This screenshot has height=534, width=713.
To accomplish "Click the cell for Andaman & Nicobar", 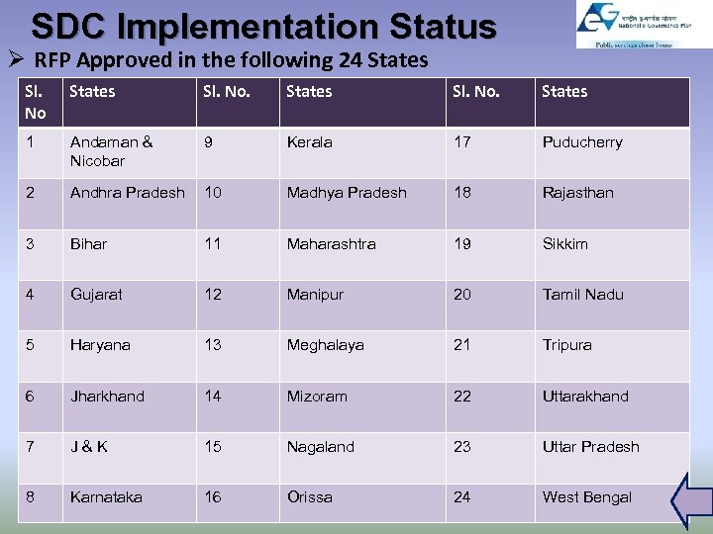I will [x=111, y=151].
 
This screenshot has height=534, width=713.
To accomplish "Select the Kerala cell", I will [x=309, y=142].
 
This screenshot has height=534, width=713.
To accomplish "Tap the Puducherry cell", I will [x=582, y=142].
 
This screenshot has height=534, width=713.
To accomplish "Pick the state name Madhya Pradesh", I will [x=347, y=193].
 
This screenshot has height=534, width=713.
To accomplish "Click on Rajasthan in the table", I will [x=577, y=193].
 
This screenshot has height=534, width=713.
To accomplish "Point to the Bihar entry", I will [x=88, y=243].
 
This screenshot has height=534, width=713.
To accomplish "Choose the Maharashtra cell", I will [x=331, y=243].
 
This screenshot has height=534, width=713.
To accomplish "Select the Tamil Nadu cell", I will [x=582, y=295].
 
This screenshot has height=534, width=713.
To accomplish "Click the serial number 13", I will [x=213, y=345].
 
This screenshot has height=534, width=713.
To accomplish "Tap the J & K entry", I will [x=88, y=447].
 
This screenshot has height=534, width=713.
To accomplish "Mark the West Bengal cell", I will [x=586, y=497].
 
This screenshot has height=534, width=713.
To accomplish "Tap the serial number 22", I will [x=462, y=396].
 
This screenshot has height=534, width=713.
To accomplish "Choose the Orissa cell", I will [x=309, y=497].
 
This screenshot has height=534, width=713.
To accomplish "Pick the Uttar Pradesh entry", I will [x=590, y=447].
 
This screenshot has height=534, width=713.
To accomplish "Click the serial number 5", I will [x=31, y=345].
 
